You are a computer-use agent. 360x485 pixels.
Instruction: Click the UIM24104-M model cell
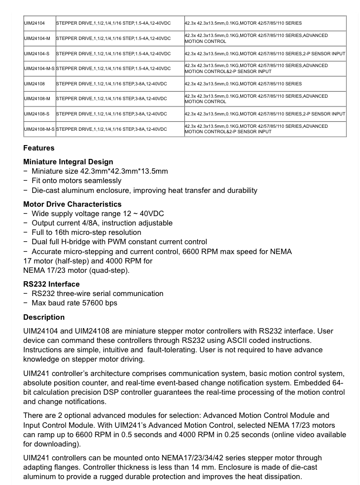[37, 38]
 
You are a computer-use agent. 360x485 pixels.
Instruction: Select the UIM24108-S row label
[37, 114]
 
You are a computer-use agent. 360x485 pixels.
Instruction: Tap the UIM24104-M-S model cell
[39, 69]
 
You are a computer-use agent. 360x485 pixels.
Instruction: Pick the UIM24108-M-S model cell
[39, 129]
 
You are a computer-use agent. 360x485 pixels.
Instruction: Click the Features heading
[39, 148]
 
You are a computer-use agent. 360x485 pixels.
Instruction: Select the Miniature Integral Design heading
[68, 162]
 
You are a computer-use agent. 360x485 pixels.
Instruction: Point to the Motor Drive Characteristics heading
[72, 204]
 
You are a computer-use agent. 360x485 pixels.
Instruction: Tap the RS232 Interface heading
[51, 284]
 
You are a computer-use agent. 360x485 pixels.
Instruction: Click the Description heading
[44, 317]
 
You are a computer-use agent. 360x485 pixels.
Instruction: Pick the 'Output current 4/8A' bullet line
[102, 223]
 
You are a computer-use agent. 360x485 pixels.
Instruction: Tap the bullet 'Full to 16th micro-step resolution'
[86, 232]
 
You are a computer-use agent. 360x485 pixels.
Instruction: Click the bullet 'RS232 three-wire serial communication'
[97, 294]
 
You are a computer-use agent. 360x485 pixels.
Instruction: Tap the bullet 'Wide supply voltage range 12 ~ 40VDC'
[98, 214]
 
